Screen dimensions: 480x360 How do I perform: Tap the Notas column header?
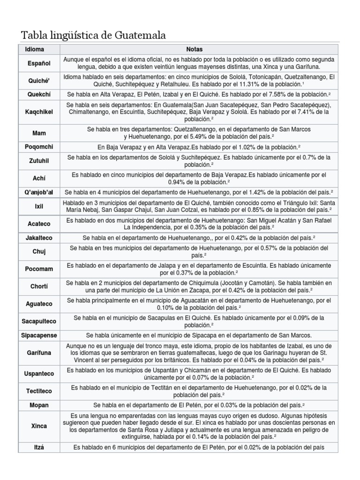[194, 48]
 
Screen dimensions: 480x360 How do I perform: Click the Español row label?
[39, 63]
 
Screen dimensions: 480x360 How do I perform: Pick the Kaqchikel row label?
[39, 112]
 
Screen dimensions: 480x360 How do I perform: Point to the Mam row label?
[39, 133]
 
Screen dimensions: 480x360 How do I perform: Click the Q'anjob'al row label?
[39, 192]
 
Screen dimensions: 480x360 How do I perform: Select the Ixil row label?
[39, 205]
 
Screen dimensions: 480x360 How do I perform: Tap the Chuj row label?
[39, 251]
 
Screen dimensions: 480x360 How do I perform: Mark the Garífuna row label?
[39, 352]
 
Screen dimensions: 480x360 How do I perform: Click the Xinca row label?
[39, 426]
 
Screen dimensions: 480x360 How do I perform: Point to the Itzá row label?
[39, 448]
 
